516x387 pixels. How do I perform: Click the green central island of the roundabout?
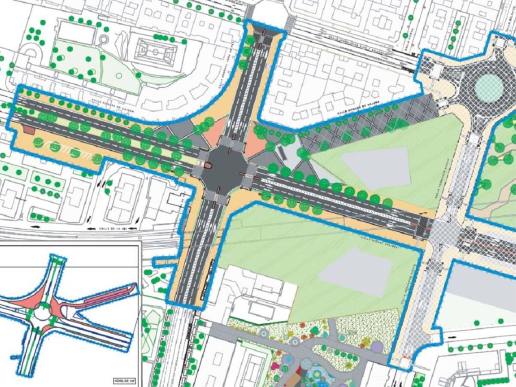489,88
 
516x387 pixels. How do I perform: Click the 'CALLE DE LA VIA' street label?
112,228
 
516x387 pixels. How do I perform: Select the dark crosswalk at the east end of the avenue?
423,226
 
